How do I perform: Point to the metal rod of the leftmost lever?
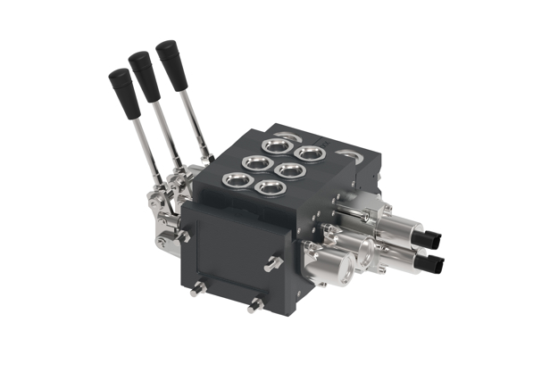(x=143, y=143)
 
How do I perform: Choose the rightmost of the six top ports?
(x=311, y=153)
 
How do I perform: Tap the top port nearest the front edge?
(x=267, y=186)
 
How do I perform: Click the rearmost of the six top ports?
(x=279, y=145)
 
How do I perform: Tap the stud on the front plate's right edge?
(x=274, y=263)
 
